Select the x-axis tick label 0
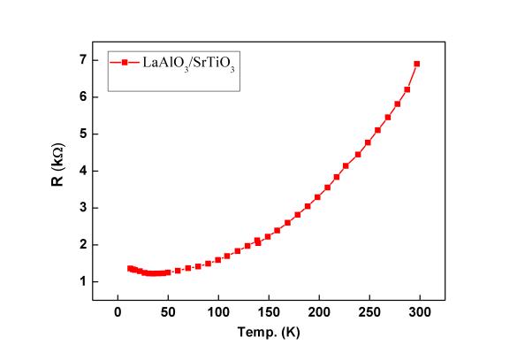coord(118,312)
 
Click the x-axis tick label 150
coord(269,312)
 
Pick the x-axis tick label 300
coord(420,312)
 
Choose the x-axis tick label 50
coord(168,312)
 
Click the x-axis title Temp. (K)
coord(269,333)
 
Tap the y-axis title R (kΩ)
coord(58,165)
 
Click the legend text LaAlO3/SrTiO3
coord(188,64)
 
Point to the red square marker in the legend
coord(125,63)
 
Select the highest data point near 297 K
coord(417,64)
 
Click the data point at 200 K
coord(317,197)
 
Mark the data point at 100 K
coord(218,260)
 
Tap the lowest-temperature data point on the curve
coord(130,269)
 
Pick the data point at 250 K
coord(368,142)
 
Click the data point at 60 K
coord(178,271)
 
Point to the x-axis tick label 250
coord(369,312)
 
